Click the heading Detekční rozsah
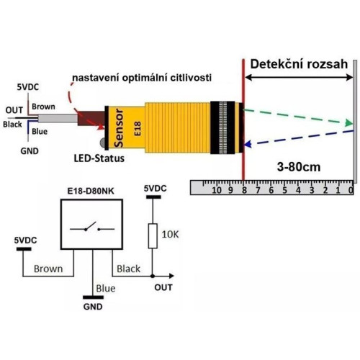299,64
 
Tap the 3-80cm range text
299,167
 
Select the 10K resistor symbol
153,236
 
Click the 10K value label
170,235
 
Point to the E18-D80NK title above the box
91,191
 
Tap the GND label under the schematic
93,307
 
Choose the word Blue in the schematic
106,289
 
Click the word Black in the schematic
128,269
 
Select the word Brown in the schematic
48,269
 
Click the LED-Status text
99,158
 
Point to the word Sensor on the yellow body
119,127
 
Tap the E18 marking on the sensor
138,129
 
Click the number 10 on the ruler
217,190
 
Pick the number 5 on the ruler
284,190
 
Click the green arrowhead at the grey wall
348,122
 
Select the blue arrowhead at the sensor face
247,144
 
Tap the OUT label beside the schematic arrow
163,287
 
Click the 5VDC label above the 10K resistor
156,189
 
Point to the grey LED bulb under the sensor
103,143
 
